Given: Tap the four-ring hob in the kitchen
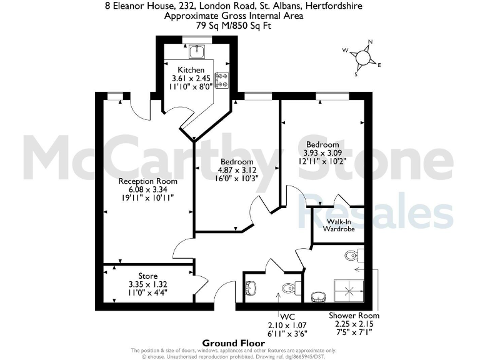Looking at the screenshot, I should [222, 80].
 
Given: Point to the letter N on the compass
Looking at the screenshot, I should [370, 42].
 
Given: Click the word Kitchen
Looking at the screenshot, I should [191, 69].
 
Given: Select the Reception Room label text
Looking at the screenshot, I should [148, 181].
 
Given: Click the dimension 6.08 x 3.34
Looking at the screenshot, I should [148, 189].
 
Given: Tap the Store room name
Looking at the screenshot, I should [148, 276].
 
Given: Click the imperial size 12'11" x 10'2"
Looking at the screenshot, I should [321, 161].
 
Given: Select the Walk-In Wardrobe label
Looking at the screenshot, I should [339, 226].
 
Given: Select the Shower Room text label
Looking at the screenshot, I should [354, 316].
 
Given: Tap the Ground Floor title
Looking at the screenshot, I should [228, 342].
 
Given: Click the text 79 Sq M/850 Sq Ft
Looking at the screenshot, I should [233, 26].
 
